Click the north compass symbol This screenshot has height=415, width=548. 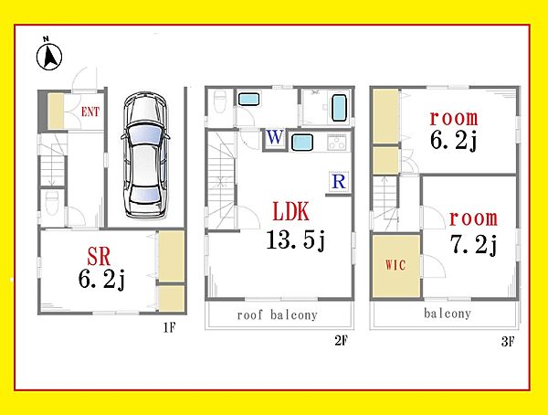[x=49, y=54]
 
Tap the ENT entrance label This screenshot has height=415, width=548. [x=90, y=112]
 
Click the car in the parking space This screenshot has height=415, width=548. [x=145, y=155]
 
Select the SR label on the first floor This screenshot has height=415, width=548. [x=99, y=256]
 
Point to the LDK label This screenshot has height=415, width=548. [x=290, y=211]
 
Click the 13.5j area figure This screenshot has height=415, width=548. [x=296, y=240]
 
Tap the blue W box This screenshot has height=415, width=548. [x=275, y=137]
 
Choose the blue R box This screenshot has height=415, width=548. [x=339, y=181]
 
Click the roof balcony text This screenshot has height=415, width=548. [x=277, y=315]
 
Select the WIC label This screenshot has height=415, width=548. [x=395, y=264]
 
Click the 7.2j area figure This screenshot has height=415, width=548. [x=473, y=245]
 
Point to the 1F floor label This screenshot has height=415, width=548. [x=169, y=327]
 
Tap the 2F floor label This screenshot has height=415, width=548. [x=341, y=340]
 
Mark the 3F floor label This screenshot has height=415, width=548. [x=508, y=342]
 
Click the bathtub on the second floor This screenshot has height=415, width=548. [x=339, y=108]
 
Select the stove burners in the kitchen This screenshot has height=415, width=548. [x=338, y=142]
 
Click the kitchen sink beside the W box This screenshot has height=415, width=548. [x=302, y=143]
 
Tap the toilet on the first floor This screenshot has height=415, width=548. [x=52, y=203]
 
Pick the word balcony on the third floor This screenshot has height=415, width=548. [x=448, y=314]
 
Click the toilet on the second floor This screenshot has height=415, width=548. [x=219, y=101]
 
